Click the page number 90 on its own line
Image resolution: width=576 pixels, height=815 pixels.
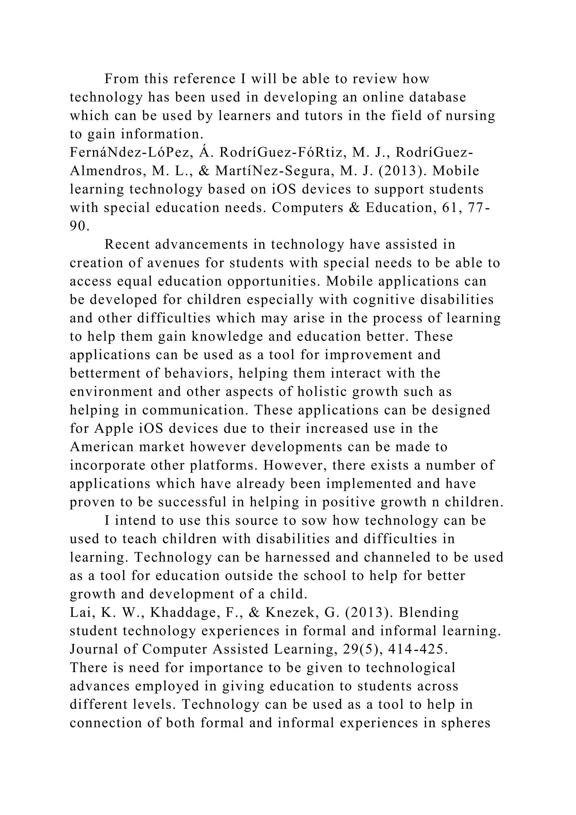click(78, 226)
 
